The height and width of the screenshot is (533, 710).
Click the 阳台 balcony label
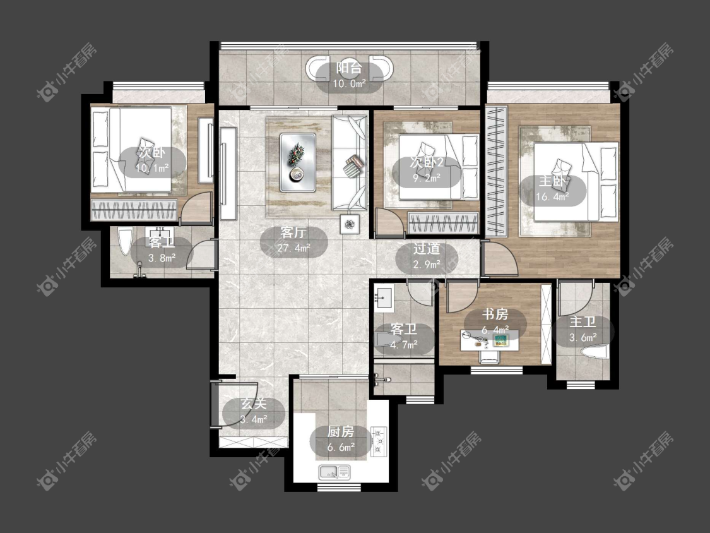click(348, 68)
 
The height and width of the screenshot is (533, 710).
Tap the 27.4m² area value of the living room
click(293, 248)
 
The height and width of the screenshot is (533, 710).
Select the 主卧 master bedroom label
click(552, 182)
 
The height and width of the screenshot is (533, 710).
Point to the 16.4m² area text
click(552, 196)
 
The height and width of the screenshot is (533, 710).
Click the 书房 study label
click(495, 314)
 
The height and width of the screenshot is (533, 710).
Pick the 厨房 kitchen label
click(341, 431)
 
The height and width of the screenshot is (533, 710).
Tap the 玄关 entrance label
click(254, 404)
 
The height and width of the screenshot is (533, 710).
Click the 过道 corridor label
click(427, 249)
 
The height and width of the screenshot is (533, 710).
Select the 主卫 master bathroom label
click(583, 322)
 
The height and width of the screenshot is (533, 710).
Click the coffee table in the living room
click(297, 162)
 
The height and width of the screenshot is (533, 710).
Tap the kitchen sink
click(334, 473)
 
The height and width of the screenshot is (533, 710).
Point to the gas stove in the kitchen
click(379, 441)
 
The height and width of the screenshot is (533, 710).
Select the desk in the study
click(490, 340)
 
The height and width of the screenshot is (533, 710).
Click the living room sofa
click(349, 163)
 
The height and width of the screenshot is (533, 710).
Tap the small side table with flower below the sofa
click(350, 224)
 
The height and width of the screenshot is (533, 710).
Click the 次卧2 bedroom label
click(427, 162)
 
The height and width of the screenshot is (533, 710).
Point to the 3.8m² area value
click(162, 258)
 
